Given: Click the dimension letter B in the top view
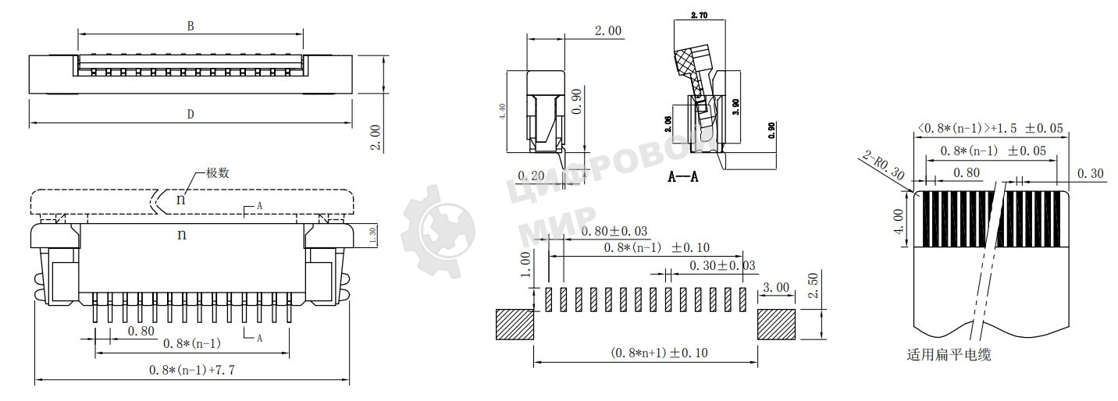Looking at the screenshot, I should (x=190, y=26).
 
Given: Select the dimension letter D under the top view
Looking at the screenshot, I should (x=190, y=115).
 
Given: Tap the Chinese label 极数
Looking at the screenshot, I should (x=217, y=173).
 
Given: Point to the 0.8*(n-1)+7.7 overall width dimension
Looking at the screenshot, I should (x=192, y=371).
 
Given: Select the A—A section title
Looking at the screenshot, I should (x=683, y=177).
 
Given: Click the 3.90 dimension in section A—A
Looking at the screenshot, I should (x=735, y=107).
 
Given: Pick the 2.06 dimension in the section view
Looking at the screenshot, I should (x=669, y=124).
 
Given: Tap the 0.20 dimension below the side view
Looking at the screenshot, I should (x=532, y=176).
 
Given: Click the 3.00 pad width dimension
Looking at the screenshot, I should (x=774, y=287).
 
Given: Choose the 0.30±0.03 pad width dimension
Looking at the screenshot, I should (x=722, y=266).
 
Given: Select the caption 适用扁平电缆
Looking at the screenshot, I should (x=949, y=355).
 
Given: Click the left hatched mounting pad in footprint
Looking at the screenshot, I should (x=514, y=324).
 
